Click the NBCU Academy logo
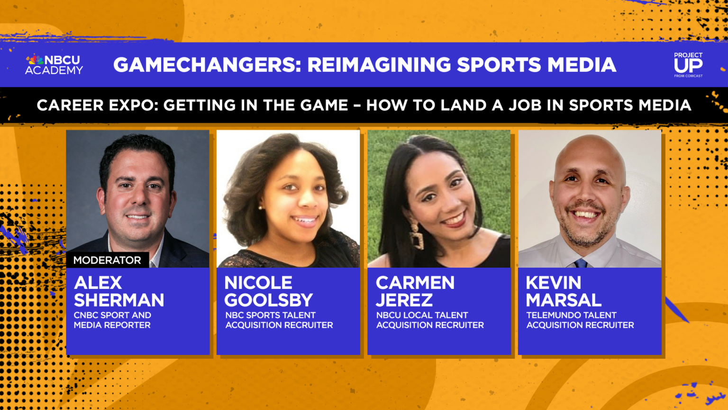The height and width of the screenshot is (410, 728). coord(54,65)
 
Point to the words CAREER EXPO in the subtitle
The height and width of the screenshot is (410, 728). coord(97,105)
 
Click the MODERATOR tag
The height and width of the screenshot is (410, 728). coord(107,260)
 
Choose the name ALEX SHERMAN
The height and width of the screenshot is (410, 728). coord(119,291)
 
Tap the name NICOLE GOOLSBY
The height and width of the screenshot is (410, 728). coord(268,291)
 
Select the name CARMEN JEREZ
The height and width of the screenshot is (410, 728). coord(415,291)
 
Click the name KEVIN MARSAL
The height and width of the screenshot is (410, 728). coord(563,291)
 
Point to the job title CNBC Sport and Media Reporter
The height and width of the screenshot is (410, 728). coord(112,320)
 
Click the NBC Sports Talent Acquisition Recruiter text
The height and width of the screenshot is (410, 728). coord(279,320)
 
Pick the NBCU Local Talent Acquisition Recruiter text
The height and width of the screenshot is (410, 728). coord(430,320)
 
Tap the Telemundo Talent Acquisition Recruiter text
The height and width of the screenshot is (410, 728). coord(580,320)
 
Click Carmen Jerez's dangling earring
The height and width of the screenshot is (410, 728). coord(417,236)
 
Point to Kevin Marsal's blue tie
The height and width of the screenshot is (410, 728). coord(581,263)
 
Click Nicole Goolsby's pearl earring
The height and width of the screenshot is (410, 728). coord(260,208)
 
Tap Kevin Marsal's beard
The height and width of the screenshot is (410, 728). coord(587,233)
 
